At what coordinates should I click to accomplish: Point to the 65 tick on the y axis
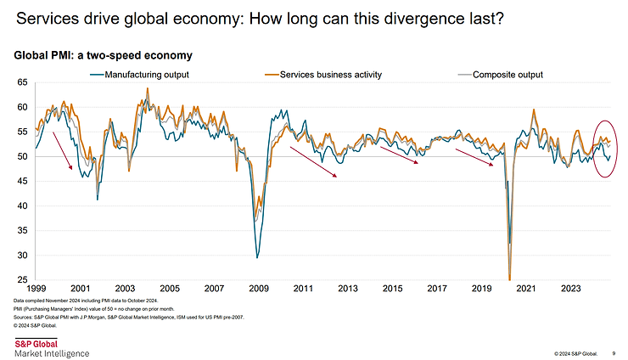[x=22, y=83]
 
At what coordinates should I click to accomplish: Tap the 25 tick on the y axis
[x=22, y=279]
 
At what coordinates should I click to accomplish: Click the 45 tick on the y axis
[x=22, y=182]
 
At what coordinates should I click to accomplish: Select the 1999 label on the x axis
[x=36, y=289]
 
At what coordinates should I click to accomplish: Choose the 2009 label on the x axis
[x=259, y=289]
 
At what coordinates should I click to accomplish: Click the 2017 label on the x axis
[x=437, y=289]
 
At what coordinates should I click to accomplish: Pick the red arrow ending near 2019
[x=474, y=158]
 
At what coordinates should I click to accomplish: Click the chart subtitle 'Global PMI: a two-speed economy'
[x=103, y=55]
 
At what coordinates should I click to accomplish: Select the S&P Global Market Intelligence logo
[x=51, y=346]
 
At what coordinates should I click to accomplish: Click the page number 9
[x=614, y=352]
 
